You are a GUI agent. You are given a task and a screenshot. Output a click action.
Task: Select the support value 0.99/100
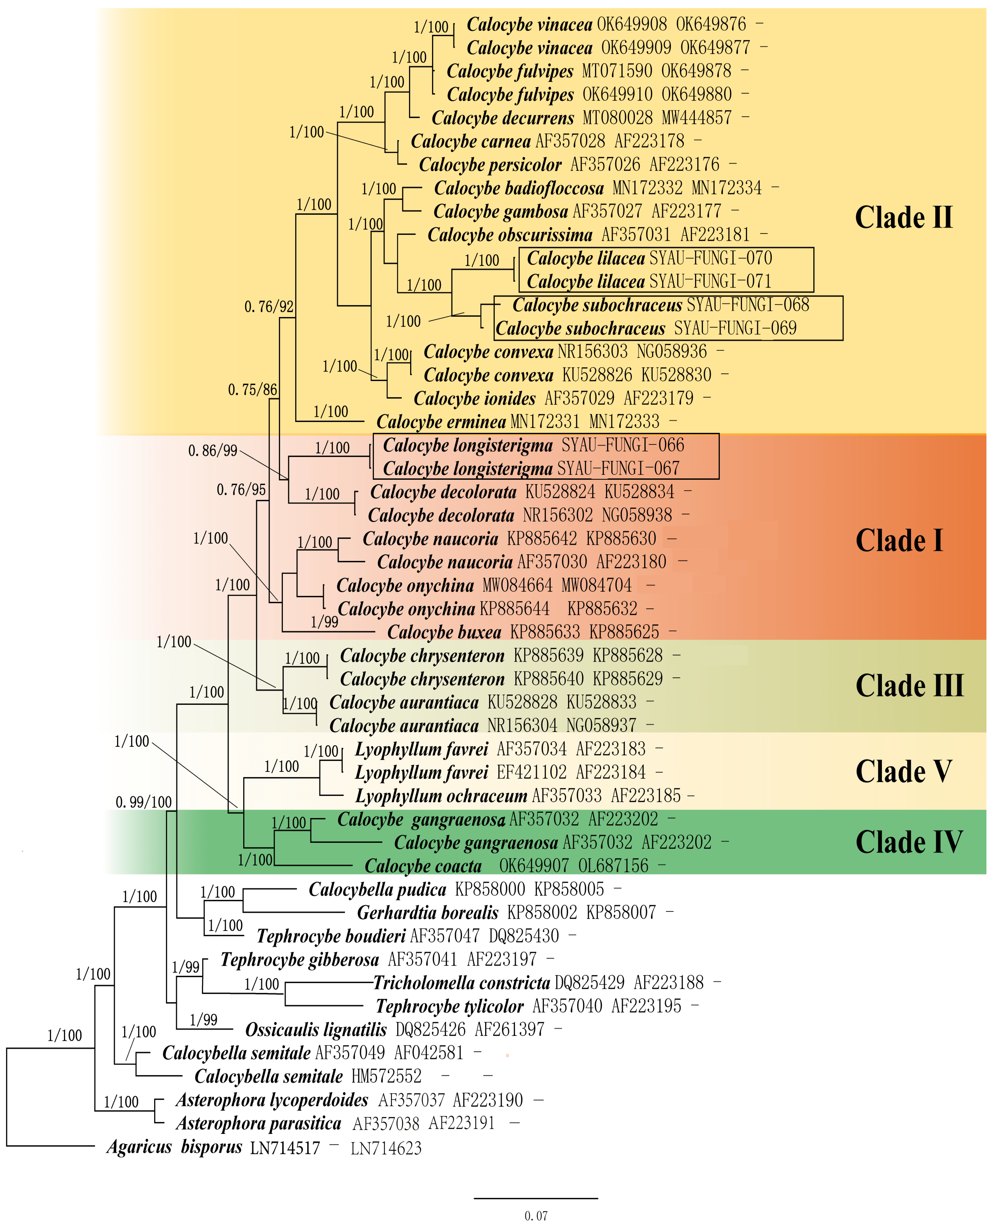tap(143, 802)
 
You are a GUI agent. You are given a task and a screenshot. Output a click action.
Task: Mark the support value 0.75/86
tap(252, 390)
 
